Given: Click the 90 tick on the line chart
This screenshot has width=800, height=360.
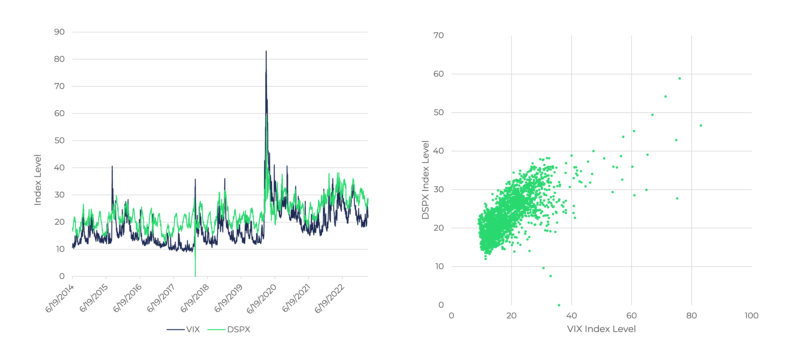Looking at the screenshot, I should pos(59,32).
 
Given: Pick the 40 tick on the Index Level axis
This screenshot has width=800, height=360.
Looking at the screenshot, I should pos(59,168).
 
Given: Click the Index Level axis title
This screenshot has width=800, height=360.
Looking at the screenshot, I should pos(38,180).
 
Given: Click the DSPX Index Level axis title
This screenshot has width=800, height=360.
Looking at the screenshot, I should pos(425,180).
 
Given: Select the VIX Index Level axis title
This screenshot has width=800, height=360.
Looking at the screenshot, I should pos(601,329).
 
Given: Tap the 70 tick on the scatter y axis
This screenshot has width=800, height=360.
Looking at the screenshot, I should pos(439,35).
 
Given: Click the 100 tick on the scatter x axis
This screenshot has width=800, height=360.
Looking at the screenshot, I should pos(751,316).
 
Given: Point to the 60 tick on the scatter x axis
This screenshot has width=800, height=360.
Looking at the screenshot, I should pos(631,316).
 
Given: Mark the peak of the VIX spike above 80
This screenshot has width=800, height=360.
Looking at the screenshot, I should pos(266,51).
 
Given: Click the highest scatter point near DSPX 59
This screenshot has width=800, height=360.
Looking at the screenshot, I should pos(680,79).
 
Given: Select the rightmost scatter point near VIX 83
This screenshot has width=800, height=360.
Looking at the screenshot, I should pos(701,126).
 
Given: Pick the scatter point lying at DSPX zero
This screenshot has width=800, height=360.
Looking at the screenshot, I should pos(559,305).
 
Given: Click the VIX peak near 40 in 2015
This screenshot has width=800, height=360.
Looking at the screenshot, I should pos(112,166).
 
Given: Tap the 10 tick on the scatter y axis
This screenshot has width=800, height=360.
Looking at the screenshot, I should pos(439,266).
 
